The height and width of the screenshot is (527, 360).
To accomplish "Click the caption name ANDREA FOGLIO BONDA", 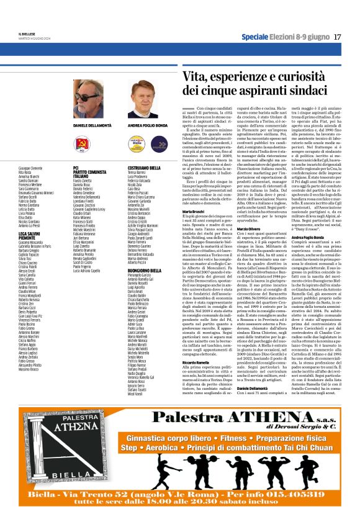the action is coord(148,125).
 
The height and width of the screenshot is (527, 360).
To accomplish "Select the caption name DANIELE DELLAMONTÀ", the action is coord(88,125).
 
